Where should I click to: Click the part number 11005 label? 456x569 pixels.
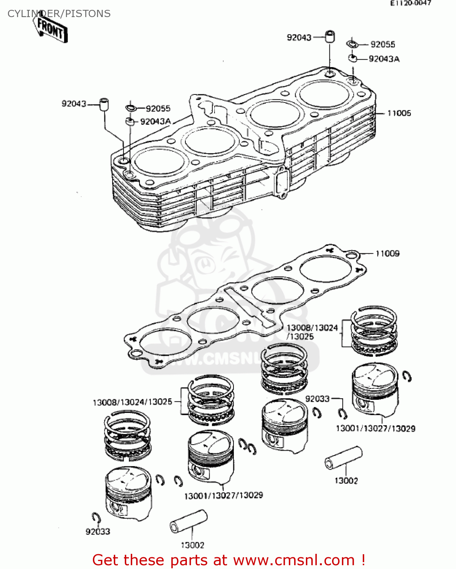tap(399, 113)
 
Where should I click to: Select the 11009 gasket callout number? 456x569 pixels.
tap(387, 253)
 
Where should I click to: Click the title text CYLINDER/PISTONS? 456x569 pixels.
tap(59, 14)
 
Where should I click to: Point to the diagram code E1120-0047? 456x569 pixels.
tap(411, 3)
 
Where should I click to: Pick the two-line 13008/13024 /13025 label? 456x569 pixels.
tap(312, 332)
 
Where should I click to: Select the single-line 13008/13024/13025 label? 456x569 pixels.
tap(132, 402)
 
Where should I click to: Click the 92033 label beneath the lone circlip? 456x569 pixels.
tap(98, 531)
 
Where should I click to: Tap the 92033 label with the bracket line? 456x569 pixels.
tap(317, 399)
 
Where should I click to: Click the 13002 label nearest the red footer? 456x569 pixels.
tap(192, 545)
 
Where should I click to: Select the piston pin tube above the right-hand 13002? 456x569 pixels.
tap(343, 458)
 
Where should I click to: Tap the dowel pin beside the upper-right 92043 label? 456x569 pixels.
tap(330, 37)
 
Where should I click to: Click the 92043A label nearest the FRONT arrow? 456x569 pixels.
tap(155, 121)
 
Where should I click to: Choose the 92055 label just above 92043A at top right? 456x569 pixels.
tap(382, 44)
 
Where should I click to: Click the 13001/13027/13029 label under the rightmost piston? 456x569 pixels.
tap(375, 428)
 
